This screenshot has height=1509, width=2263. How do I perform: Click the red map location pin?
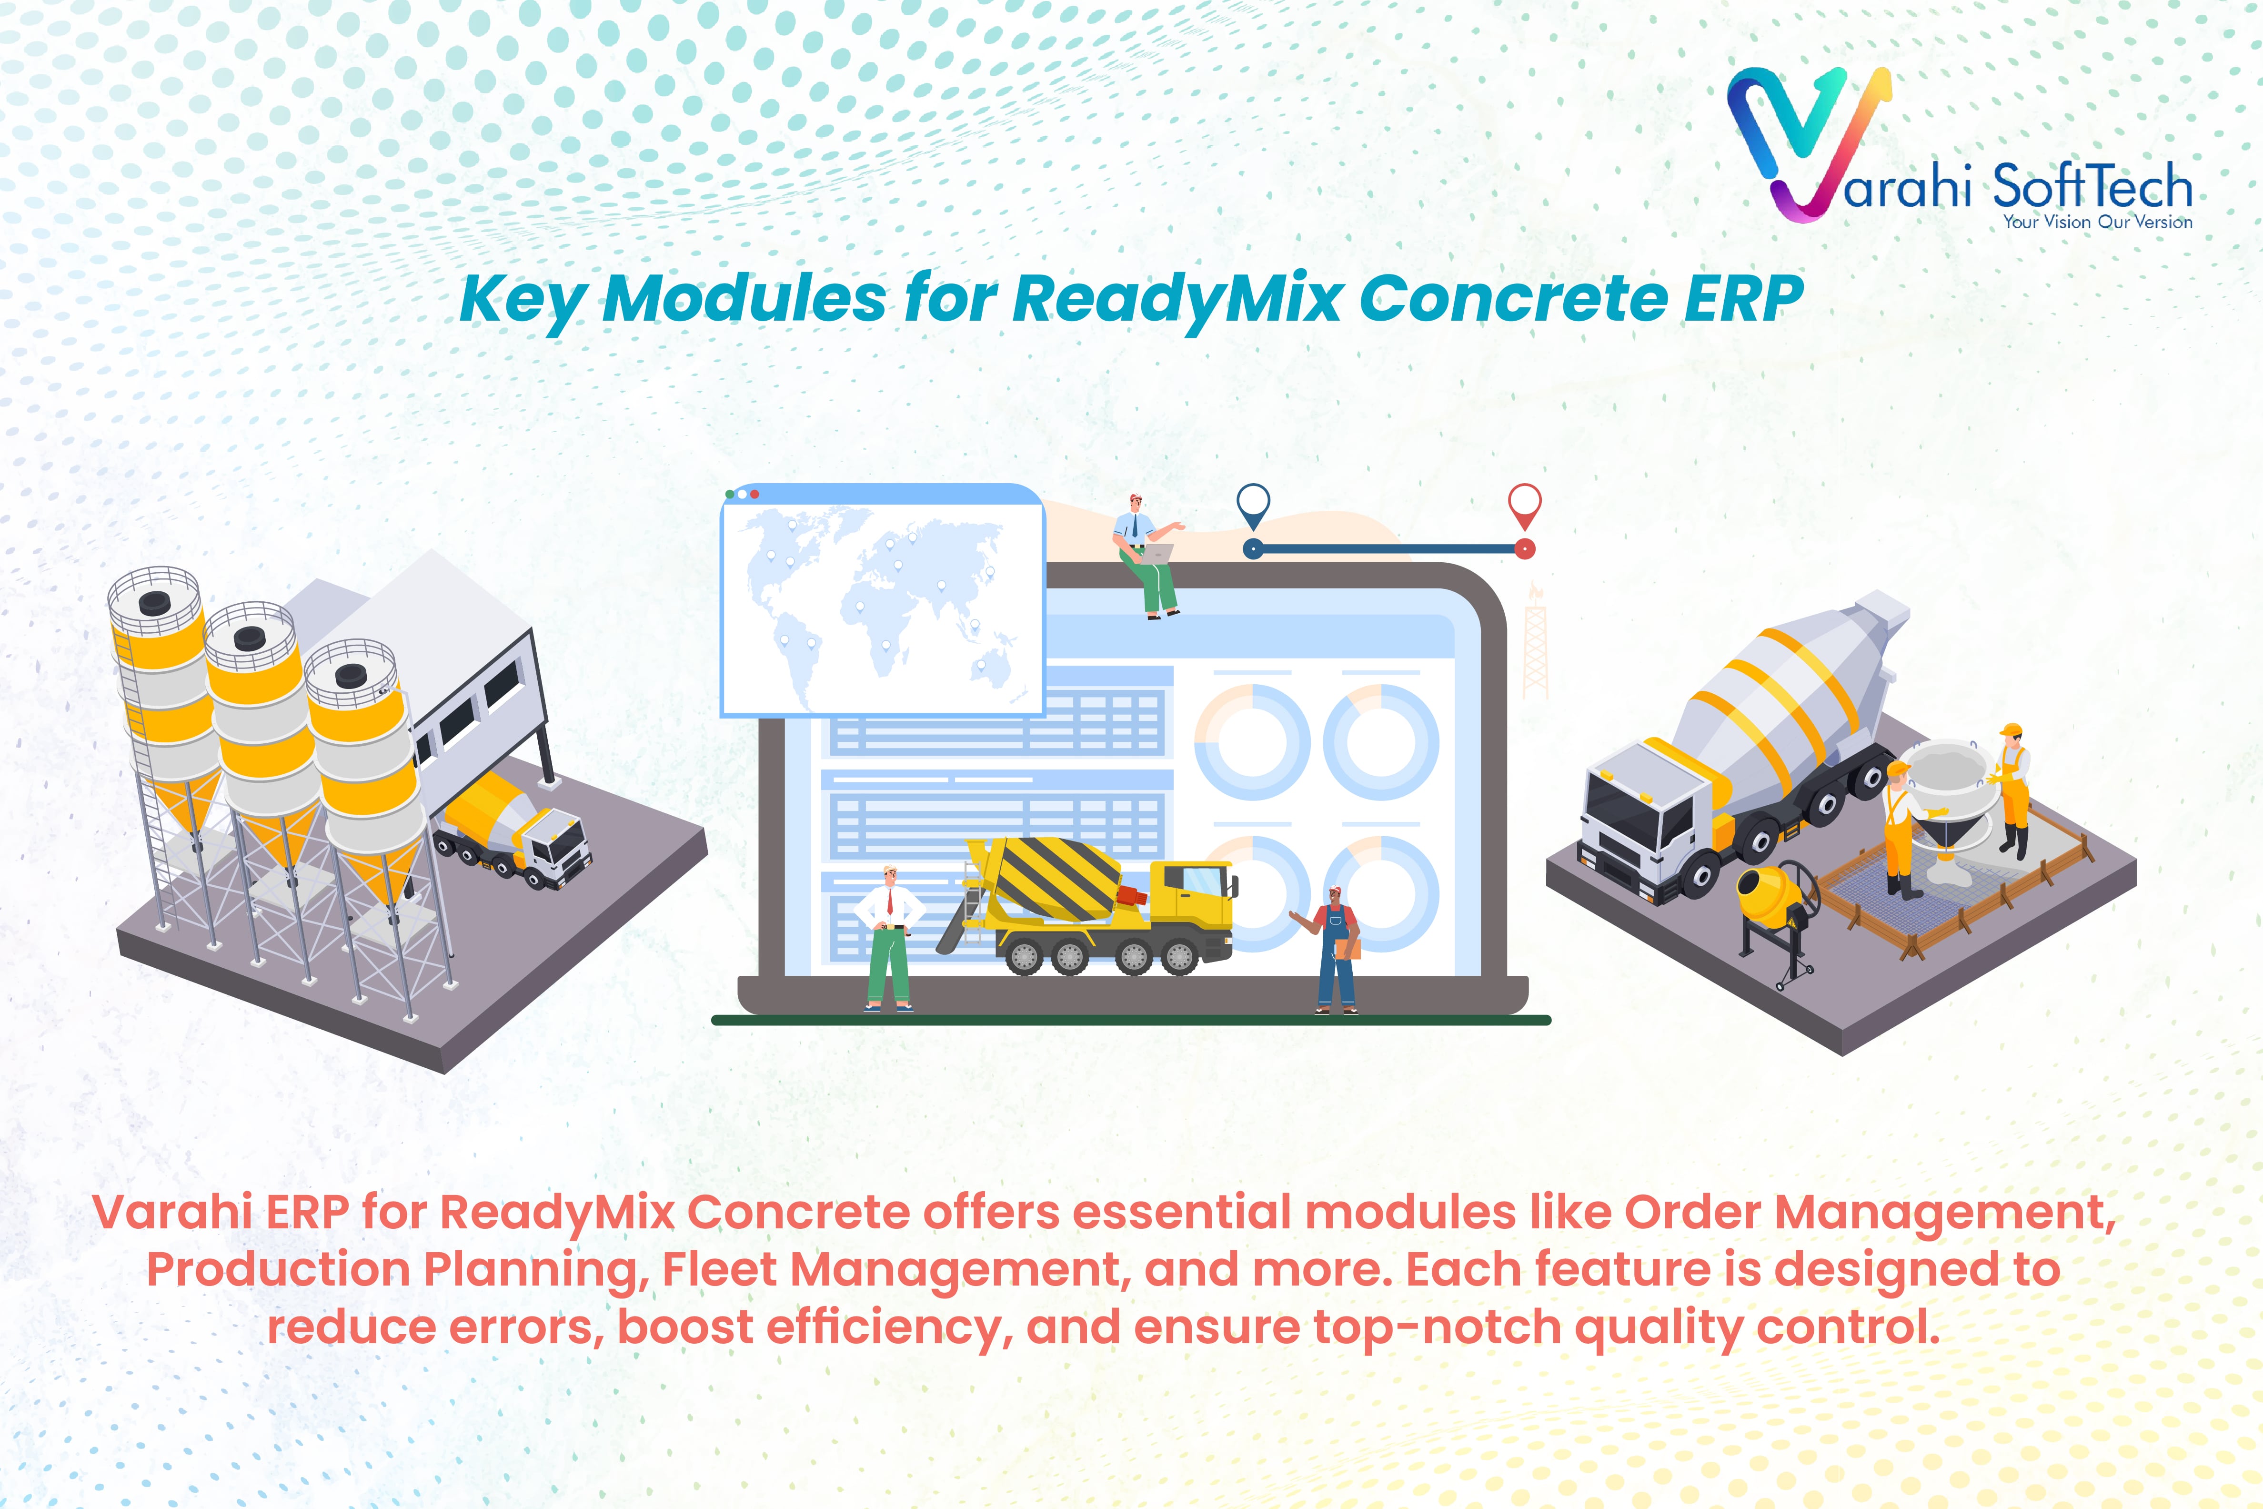click(1524, 504)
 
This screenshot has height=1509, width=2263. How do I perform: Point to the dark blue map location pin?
click(1253, 504)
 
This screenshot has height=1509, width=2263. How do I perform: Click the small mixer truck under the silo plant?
click(515, 828)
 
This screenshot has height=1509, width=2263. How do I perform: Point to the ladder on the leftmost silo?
click(144, 770)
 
